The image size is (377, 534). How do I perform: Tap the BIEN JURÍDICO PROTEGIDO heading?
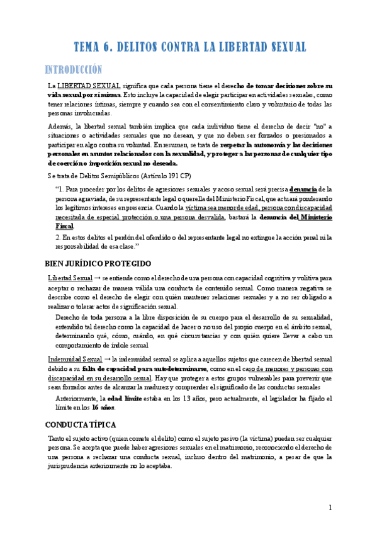[98, 263]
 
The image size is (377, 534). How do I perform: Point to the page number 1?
[330, 508]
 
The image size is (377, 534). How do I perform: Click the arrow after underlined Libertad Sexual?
[98, 277]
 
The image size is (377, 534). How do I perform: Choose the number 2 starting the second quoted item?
[57, 237]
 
